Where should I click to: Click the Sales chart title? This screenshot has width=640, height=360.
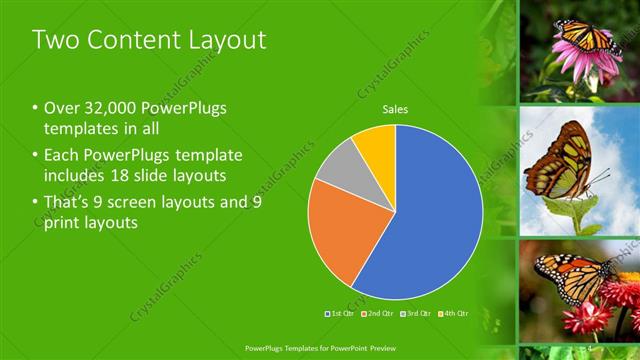coord(396,110)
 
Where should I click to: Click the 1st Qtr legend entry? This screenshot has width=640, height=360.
coord(341,313)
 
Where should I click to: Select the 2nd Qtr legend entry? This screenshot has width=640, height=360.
coord(377,313)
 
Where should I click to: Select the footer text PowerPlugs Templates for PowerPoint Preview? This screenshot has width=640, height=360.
coord(319,349)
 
